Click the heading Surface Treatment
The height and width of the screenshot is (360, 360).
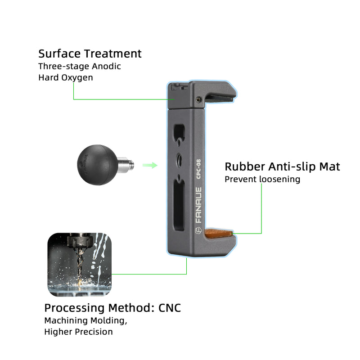coord(90,54)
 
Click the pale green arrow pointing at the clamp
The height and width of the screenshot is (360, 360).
coord(150,165)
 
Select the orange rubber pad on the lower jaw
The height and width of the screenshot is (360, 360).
coord(220,234)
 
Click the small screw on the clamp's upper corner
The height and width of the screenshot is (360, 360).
coord(198,99)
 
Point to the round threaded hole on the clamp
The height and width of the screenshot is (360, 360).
coord(179,159)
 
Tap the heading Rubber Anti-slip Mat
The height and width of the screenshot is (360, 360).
coord(282,167)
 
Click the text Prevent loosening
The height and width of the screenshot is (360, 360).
coord(262,179)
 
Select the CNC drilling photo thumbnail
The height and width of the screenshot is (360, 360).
coord(79,265)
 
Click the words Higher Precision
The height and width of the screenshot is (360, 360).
coord(78,332)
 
